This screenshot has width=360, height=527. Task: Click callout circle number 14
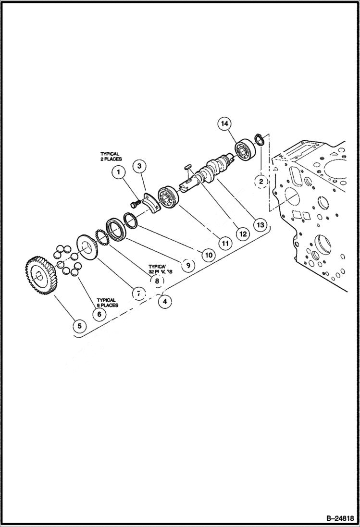click(x=223, y=123)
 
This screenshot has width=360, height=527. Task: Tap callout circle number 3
click(x=139, y=166)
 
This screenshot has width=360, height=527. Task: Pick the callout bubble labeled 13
click(x=260, y=224)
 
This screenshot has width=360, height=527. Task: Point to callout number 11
click(x=224, y=243)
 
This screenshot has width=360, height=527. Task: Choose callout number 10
click(x=208, y=255)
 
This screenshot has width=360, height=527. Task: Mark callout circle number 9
click(x=187, y=265)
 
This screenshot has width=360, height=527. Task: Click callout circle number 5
click(x=80, y=326)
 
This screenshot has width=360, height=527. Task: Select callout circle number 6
click(x=99, y=314)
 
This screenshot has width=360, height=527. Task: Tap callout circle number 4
click(x=165, y=302)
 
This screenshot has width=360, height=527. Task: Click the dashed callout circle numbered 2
click(x=261, y=182)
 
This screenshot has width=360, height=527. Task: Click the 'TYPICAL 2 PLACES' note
click(x=111, y=156)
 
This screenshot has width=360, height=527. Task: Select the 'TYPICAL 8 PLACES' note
click(x=107, y=303)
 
